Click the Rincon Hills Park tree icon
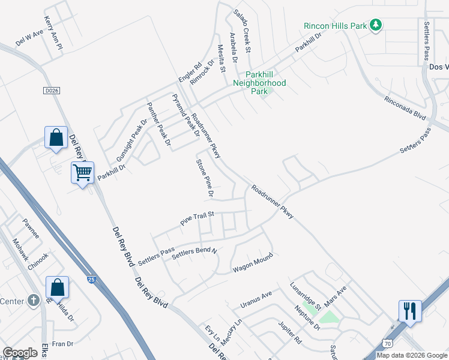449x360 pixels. [x=376, y=25]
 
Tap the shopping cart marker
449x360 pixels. [x=82, y=173]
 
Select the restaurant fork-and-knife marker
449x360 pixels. [x=410, y=311]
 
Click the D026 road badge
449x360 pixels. [x=52, y=90]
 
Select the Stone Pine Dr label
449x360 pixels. [x=204, y=178]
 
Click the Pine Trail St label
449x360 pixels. [x=197, y=218]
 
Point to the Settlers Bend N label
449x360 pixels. [x=193, y=253]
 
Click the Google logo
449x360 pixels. [x=20, y=353]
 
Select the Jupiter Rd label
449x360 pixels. [x=289, y=333]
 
